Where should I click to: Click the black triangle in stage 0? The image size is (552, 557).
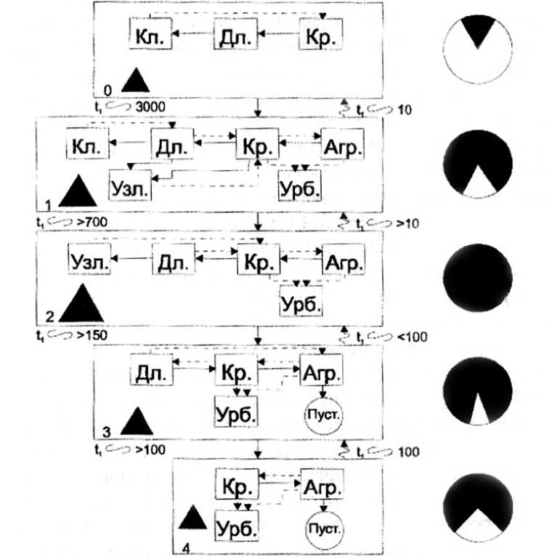pyautogui.click(x=134, y=80)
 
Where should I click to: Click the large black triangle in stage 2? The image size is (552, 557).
pyautogui.click(x=81, y=302)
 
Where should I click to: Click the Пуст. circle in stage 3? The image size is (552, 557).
pyautogui.click(x=321, y=414)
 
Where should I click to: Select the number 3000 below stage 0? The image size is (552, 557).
pyautogui.click(x=150, y=108)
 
